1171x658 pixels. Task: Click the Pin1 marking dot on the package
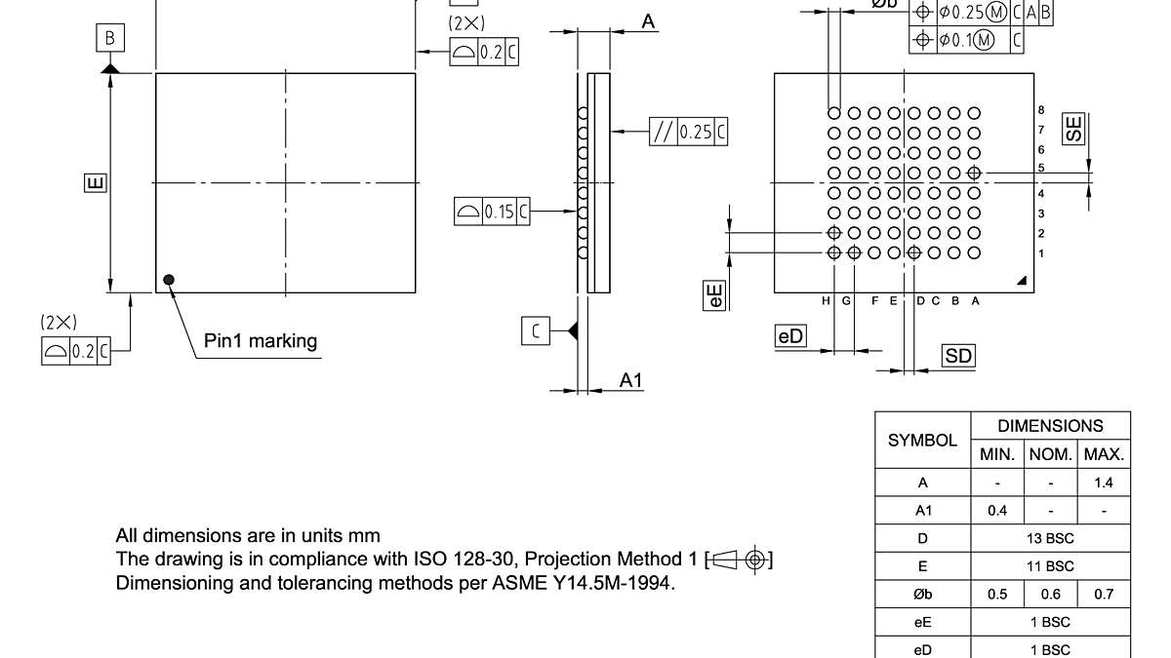click(x=170, y=280)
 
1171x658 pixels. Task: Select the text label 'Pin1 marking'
click(x=261, y=341)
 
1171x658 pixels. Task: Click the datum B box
click(x=110, y=38)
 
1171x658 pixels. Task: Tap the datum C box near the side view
click(x=535, y=331)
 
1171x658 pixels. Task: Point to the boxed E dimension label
click(x=95, y=182)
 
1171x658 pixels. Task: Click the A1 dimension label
click(x=631, y=380)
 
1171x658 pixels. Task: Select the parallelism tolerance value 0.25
click(x=696, y=132)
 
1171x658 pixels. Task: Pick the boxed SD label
click(x=959, y=356)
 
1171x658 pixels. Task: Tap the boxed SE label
click(x=1074, y=130)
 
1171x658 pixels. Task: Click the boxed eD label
click(x=791, y=335)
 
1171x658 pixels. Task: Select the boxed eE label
click(x=716, y=296)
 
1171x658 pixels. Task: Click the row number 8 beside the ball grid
click(x=1041, y=110)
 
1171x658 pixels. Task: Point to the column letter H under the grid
click(x=827, y=301)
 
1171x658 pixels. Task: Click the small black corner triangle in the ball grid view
click(x=1022, y=281)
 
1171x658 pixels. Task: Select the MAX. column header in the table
click(x=1104, y=454)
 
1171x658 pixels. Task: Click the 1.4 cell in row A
click(x=1104, y=483)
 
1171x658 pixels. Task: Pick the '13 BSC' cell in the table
click(x=1050, y=538)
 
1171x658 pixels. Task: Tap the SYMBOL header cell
click(x=922, y=441)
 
